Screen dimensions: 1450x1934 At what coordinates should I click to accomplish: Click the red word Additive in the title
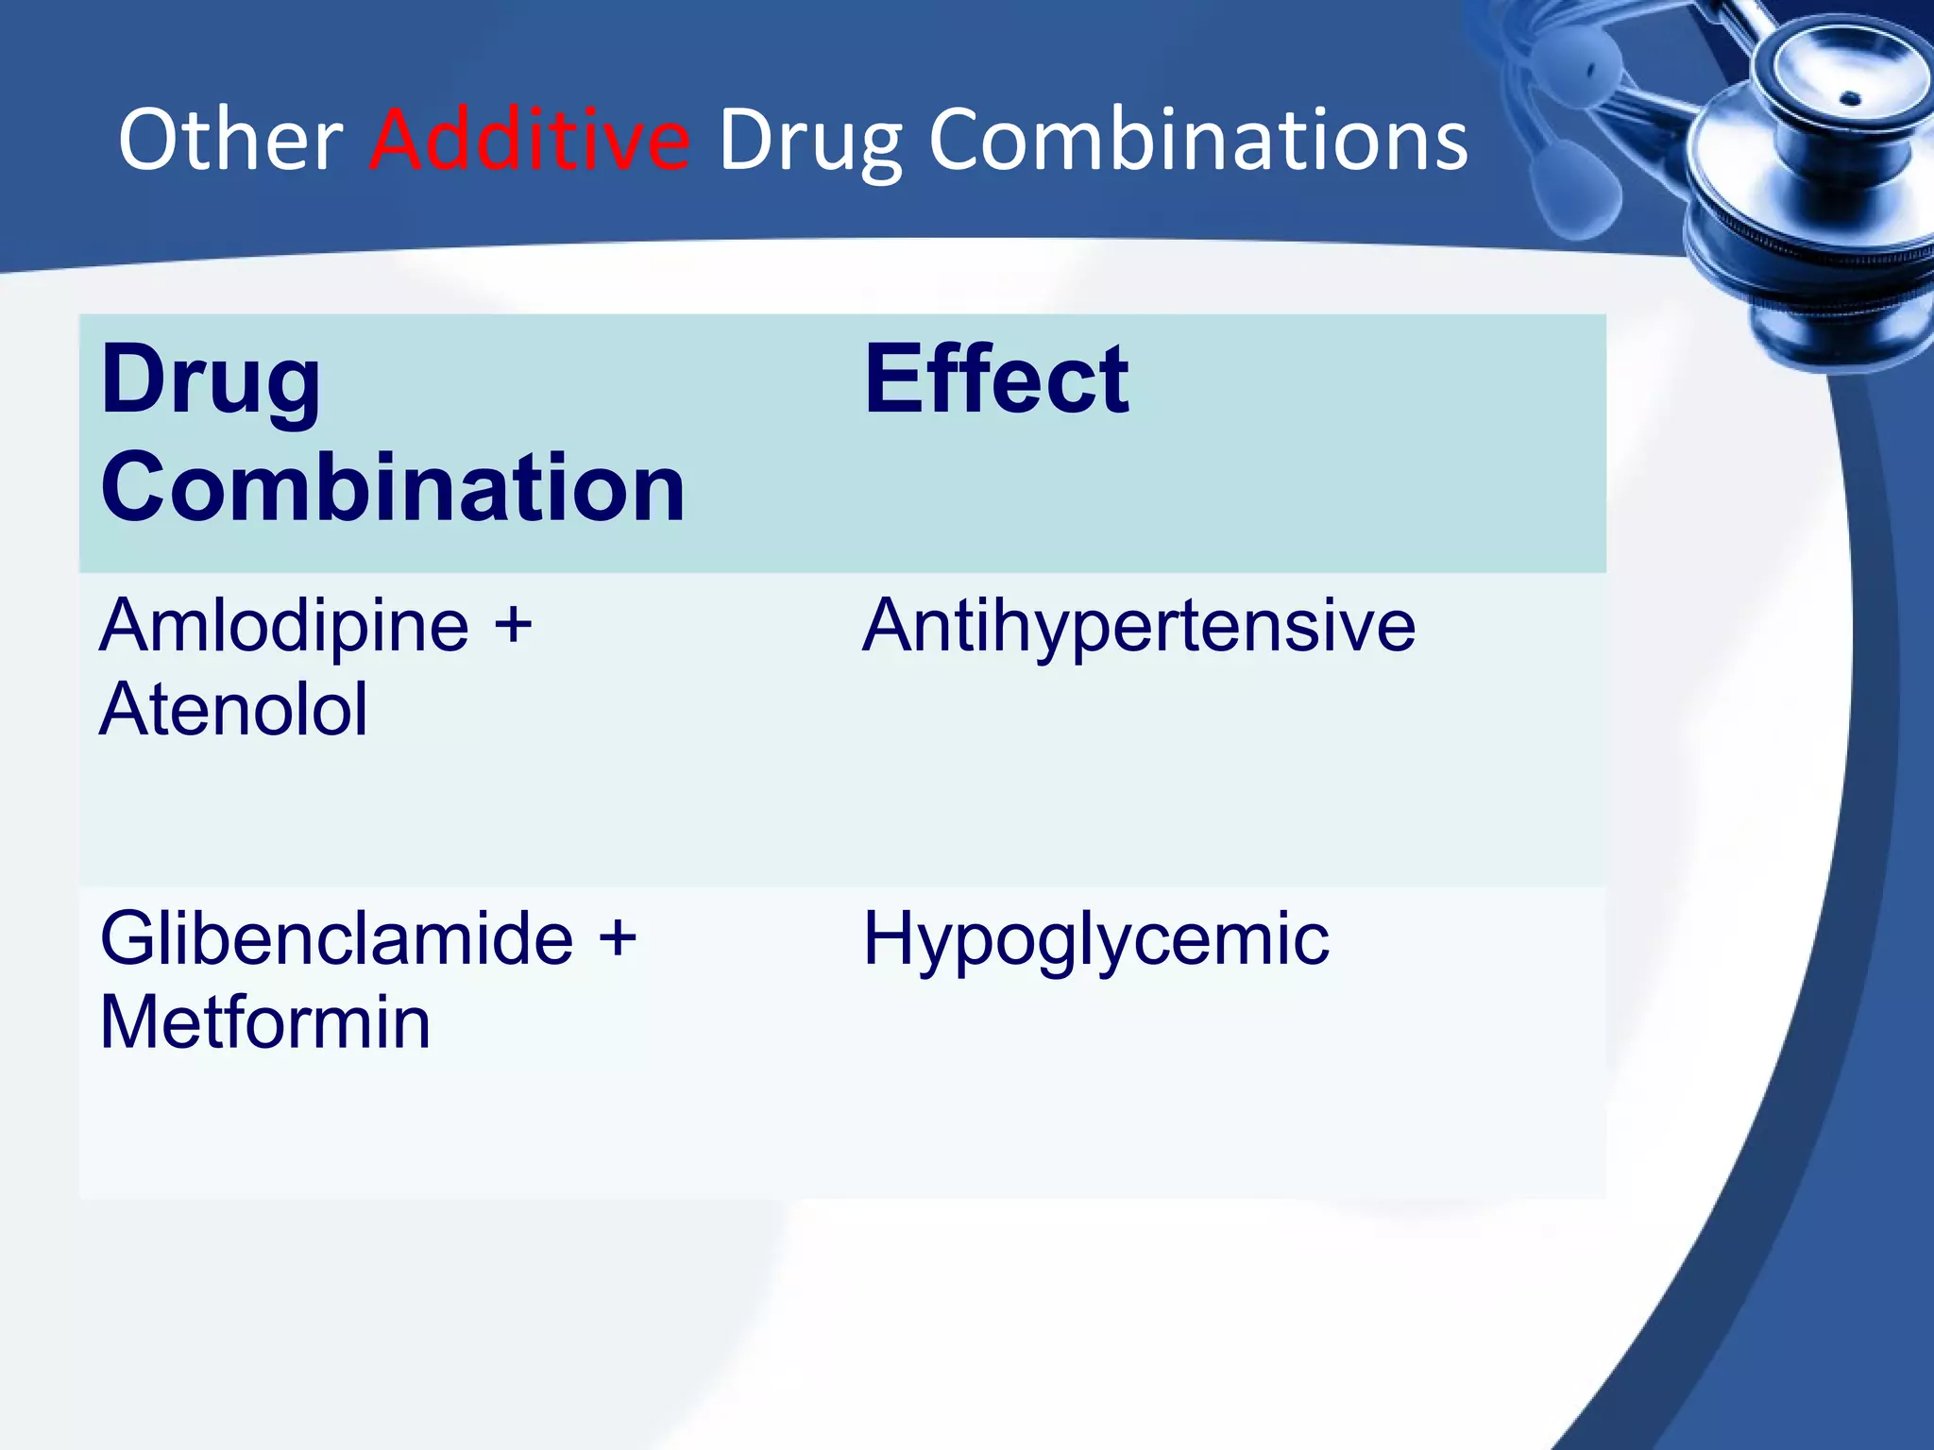(529, 140)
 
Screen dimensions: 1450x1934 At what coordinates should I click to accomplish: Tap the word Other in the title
(230, 140)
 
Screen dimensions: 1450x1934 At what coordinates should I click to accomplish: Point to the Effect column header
(995, 379)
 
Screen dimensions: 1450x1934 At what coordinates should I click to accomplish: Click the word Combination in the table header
(392, 487)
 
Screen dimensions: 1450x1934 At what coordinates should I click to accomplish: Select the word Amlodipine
(283, 625)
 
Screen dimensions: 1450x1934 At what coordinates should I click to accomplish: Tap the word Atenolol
(233, 710)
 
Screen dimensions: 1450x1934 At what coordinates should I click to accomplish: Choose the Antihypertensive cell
(1138, 627)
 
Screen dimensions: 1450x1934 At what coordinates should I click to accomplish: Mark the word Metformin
(264, 1023)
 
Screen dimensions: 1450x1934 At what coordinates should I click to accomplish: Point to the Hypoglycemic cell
(1095, 940)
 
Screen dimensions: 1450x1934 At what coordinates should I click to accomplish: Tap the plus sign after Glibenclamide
(618, 938)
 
